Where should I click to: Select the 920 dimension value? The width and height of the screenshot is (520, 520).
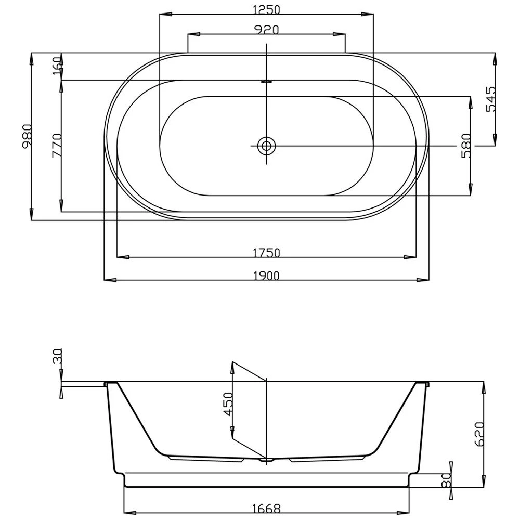coord(266,30)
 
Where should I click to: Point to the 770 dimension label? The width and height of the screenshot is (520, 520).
coord(57,146)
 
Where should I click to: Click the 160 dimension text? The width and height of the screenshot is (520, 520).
coord(57,66)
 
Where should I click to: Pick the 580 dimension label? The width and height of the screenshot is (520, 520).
coord(466,146)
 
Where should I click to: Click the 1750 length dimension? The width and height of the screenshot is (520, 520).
coord(266,252)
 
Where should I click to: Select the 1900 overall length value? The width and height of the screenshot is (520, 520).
coord(266,276)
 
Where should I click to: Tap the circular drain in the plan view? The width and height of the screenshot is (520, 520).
coord(267,146)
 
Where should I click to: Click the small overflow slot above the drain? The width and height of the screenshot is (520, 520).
coord(267,81)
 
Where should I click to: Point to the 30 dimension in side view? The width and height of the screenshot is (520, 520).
coord(57,358)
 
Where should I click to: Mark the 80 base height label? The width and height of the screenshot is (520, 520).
coord(446,481)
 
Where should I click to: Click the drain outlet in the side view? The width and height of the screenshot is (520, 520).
coord(267,460)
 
